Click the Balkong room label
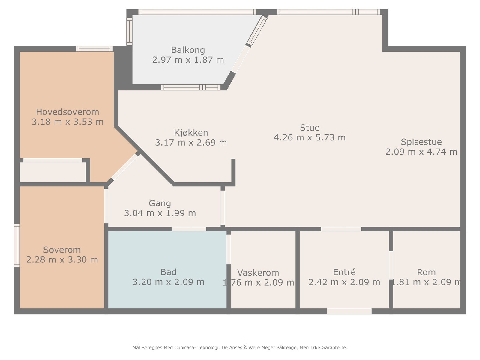click(188, 50)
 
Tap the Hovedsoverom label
click(67, 112)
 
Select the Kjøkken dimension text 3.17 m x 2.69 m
click(191, 142)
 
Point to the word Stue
click(310, 127)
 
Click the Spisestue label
click(421, 142)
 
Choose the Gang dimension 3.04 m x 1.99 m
click(160, 213)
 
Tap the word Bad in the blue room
click(168, 272)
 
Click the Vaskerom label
click(258, 273)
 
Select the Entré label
click(344, 272)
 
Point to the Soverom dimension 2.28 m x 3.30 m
click(62, 259)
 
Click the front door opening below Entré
click(349, 311)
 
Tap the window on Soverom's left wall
click(17, 245)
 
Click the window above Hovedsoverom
click(94, 49)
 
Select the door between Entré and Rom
click(391, 265)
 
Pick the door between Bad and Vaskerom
click(229, 249)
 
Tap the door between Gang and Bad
click(189, 229)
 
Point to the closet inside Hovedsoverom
click(53, 172)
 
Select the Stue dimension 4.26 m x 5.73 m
click(310, 137)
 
